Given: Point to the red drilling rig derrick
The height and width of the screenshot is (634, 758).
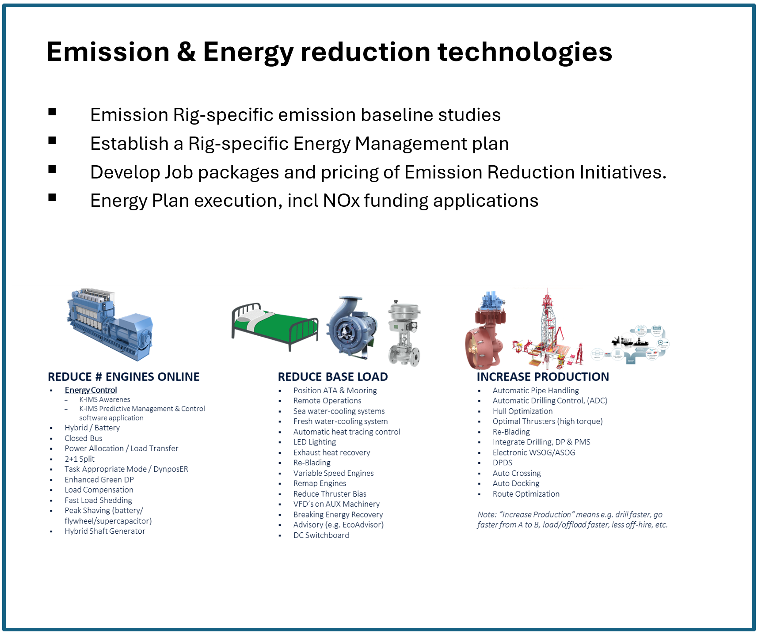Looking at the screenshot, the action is [548, 329].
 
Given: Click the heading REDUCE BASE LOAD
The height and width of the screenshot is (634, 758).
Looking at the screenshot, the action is [333, 377].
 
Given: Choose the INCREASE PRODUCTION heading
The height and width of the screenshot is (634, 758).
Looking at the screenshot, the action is [543, 377].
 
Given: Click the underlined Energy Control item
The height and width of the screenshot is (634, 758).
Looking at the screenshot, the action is [91, 390].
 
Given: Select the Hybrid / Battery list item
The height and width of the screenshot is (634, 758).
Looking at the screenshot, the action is [92, 428].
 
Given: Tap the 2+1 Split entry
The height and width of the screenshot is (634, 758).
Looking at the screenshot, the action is [80, 459].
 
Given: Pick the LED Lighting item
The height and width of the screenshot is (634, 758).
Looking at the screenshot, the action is [315, 442].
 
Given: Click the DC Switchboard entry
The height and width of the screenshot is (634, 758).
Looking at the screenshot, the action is [321, 535].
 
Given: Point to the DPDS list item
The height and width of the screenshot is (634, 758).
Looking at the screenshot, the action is [503, 463].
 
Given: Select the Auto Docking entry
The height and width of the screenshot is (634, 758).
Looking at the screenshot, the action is [516, 484].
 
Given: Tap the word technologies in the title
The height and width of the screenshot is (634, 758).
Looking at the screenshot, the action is [525, 52].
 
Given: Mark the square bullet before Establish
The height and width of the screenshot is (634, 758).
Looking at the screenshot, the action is [52, 140].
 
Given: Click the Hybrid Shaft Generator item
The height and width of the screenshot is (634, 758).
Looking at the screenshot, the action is [105, 531].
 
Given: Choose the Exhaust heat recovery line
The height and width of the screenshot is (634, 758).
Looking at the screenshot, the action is [331, 453].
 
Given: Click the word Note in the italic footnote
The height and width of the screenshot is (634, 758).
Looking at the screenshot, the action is [487, 515].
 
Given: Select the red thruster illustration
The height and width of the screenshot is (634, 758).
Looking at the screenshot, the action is [485, 331].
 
